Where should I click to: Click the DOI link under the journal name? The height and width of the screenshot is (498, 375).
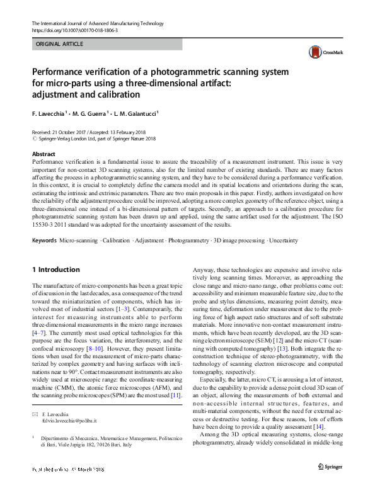[74, 30]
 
